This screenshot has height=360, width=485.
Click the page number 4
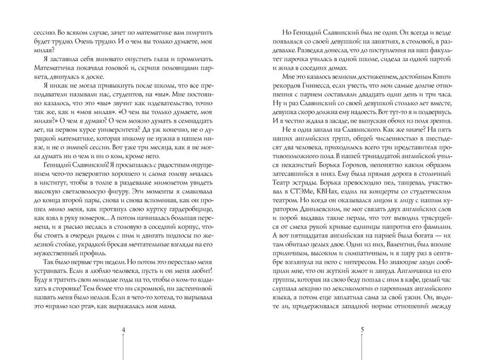(x=123, y=330)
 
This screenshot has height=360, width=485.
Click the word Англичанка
(x=421, y=273)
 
